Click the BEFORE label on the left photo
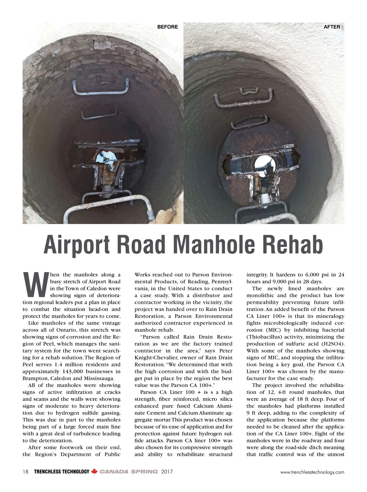(167, 27)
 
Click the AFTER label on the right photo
(332, 27)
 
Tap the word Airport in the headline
(78, 245)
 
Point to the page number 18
(25, 472)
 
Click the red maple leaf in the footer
(94, 472)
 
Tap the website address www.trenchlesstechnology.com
(312, 472)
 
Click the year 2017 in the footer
(167, 472)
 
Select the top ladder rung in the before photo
(100, 87)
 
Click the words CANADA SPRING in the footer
(129, 472)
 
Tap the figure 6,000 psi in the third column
(318, 275)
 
